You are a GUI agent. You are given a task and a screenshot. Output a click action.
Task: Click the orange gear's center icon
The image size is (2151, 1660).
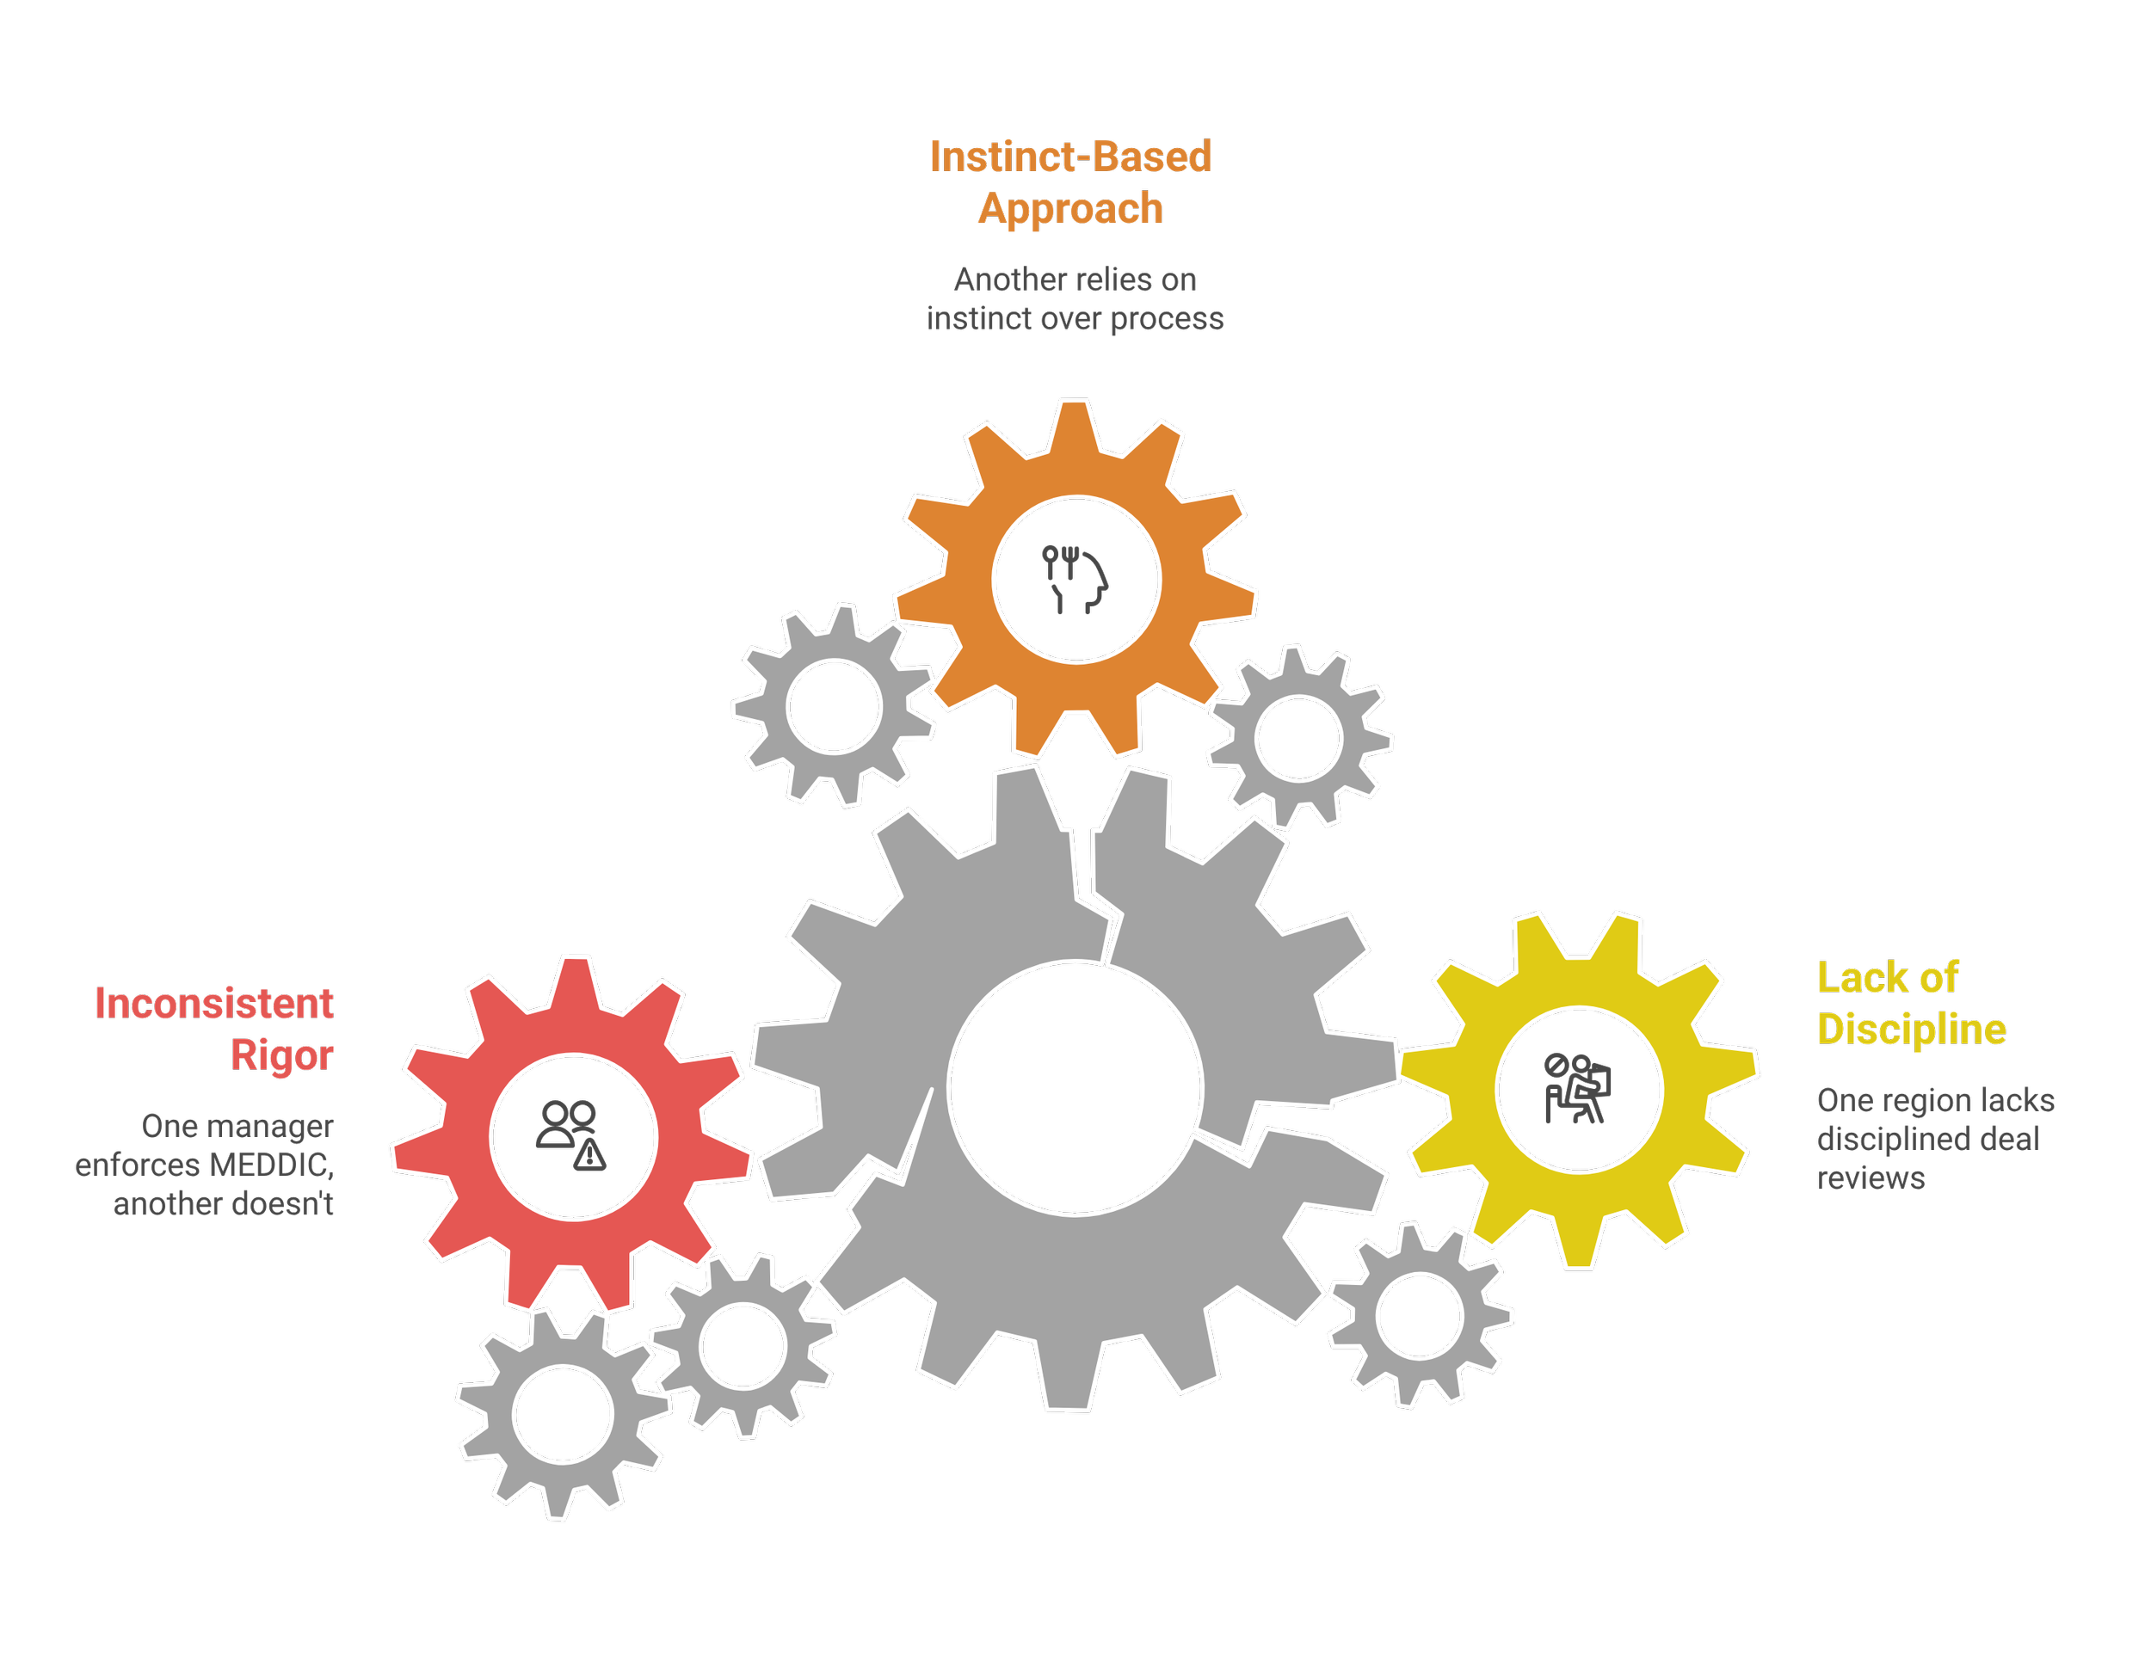[1075, 580]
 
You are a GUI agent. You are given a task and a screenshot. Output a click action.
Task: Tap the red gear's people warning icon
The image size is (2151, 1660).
[571, 1136]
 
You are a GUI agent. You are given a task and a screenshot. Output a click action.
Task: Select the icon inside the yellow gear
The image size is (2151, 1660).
[1576, 1089]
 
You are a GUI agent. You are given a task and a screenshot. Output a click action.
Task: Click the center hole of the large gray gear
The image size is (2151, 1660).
[1075, 1087]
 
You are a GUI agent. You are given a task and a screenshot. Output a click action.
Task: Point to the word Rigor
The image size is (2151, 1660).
[283, 1055]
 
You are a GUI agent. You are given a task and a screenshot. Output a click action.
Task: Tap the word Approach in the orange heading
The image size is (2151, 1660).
[1070, 209]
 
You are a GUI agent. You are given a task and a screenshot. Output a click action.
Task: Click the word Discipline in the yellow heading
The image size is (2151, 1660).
[1912, 1030]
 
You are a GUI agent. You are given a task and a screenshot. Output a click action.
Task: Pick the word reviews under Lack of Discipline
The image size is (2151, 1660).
[1871, 1177]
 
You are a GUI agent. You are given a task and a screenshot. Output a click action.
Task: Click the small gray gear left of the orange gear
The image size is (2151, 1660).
[835, 706]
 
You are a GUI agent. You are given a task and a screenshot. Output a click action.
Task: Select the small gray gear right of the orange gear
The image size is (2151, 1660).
[1298, 736]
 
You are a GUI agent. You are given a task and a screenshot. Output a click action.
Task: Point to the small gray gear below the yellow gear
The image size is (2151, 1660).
[1419, 1315]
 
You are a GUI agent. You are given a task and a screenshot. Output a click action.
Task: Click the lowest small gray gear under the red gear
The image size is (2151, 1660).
[563, 1415]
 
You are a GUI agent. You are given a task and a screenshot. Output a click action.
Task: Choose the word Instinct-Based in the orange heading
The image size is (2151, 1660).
[1069, 157]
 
